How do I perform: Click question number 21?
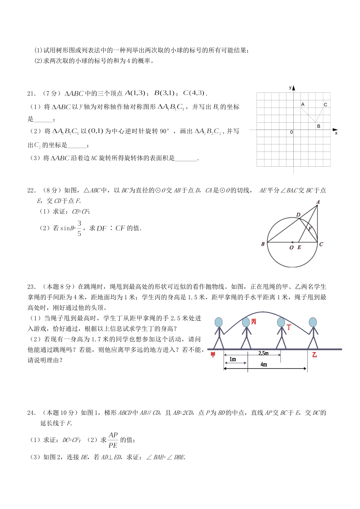pos(31,94)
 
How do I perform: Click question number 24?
pos(31,413)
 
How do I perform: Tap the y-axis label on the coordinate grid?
pos(290,87)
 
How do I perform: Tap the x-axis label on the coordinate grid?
pos(336,133)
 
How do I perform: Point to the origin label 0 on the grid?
pos(291,132)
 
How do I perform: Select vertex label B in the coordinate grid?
pos(319,126)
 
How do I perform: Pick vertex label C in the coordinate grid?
pos(325,105)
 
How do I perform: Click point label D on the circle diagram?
pos(298,215)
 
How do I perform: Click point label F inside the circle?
pos(310,229)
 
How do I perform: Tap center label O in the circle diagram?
pos(291,247)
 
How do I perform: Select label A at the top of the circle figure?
pos(318,202)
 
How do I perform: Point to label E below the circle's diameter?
pos(299,247)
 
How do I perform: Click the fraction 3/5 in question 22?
pos(79,228)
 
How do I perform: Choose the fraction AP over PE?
pos(113,440)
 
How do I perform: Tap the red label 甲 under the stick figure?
pos(213,355)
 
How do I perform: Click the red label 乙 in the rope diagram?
pos(314,355)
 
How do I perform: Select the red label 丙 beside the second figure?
pos(254,322)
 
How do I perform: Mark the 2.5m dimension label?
pos(263,353)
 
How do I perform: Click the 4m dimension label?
pos(264,364)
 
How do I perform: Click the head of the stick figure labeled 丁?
pos(281,322)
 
